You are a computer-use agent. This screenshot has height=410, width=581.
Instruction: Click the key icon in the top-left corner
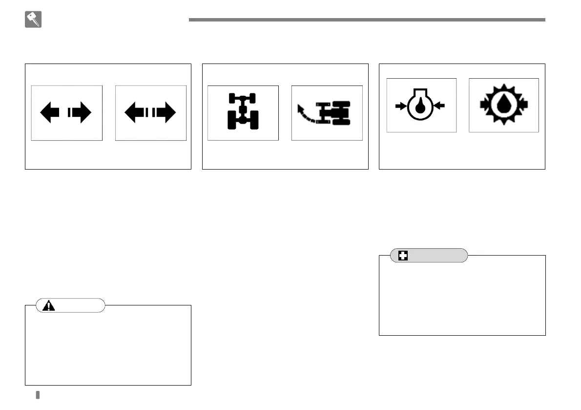33,20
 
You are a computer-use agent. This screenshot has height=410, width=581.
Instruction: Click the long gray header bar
367,20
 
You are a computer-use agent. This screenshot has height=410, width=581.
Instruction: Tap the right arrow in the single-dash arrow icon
82,113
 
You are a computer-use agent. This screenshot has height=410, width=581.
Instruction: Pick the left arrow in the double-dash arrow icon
135,113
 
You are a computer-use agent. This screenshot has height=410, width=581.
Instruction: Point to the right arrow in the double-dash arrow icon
166,113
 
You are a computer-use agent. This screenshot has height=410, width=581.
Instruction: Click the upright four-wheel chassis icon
243,112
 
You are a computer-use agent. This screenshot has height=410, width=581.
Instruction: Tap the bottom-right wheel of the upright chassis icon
252,123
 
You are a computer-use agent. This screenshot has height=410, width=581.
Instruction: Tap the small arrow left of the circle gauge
401,105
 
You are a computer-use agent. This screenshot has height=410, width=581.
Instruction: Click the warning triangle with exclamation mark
49,305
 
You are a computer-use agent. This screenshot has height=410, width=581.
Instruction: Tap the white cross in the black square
403,256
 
